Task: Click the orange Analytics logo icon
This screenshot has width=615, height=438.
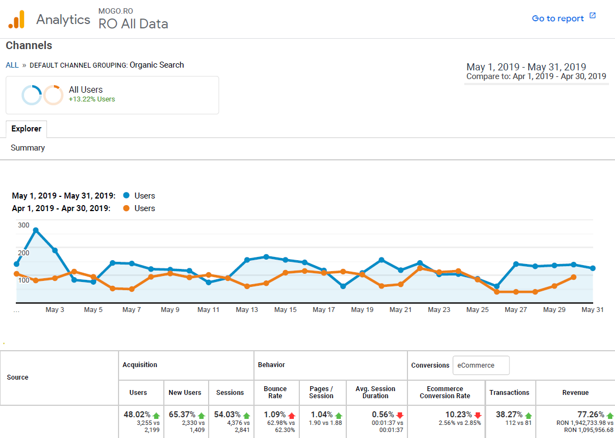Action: coord(16,20)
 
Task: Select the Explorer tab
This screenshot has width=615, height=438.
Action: coord(26,129)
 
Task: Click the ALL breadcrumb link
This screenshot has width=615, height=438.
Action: coord(12,65)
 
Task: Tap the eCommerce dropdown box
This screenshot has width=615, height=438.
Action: coord(481,365)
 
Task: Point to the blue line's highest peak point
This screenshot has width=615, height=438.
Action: coord(36,230)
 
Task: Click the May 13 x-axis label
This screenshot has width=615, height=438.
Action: coord(247,310)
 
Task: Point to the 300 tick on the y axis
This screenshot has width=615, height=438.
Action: coord(23,225)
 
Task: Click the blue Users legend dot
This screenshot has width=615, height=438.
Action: coord(127,196)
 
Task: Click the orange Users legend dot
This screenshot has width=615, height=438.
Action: coord(127,208)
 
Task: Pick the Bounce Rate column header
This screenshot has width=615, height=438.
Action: coord(275,392)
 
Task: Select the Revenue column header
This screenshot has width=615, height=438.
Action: coord(575,392)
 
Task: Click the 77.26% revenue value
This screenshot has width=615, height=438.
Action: coord(590,415)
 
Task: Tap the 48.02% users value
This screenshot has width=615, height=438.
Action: coord(137,415)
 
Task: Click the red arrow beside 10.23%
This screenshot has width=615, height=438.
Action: coord(478,415)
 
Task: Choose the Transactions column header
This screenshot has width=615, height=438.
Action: coord(509,392)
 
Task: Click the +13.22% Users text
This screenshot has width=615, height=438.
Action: coord(92,99)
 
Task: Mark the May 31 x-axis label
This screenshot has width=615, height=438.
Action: coord(593,310)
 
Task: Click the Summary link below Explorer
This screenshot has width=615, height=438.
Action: coord(28,148)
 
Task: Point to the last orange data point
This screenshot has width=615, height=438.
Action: coord(573,277)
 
